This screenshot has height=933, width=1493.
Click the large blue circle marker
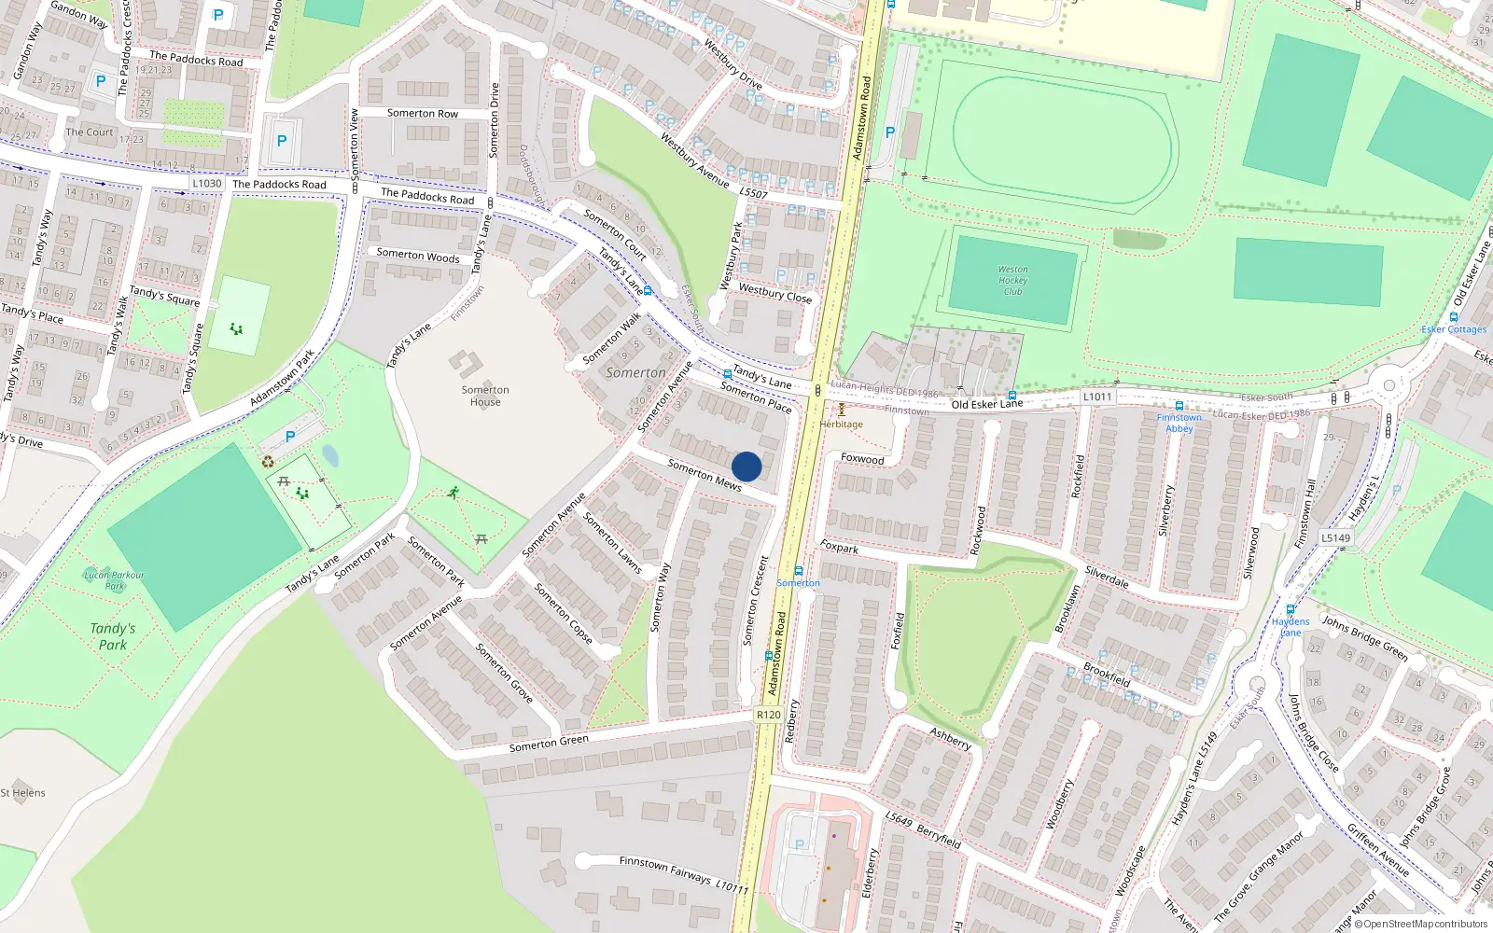746,466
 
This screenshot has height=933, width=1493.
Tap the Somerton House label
485,396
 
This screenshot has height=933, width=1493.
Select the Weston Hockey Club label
1012,280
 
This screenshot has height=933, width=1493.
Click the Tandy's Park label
113,636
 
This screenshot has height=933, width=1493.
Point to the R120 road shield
768,715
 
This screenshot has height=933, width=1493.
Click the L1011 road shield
1097,397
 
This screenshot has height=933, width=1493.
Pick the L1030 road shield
207,183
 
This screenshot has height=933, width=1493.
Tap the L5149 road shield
1335,537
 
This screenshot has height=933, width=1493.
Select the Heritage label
842,424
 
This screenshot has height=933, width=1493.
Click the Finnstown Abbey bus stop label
1179,423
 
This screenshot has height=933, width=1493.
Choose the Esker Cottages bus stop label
1454,329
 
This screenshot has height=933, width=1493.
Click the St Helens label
23,793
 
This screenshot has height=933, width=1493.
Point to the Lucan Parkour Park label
115,580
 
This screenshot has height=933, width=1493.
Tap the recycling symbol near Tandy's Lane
268,461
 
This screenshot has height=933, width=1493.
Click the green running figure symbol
453,492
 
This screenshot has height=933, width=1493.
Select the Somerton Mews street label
705,475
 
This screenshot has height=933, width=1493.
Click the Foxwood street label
862,459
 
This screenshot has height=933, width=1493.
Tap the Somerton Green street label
549,744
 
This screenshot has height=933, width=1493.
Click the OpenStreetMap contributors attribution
1420,925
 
